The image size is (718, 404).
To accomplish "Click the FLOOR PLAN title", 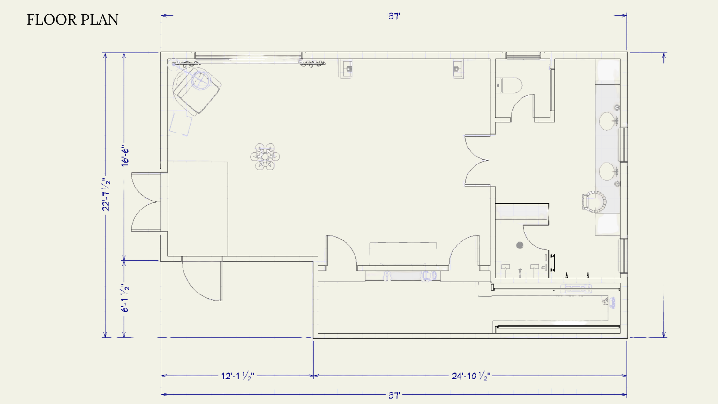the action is [x=72, y=20].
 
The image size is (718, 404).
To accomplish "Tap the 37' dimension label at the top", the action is [x=394, y=16].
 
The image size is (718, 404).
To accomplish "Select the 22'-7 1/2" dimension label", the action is [x=106, y=194].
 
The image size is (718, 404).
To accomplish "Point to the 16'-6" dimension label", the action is [x=125, y=156].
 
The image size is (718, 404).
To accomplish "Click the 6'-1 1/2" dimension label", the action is [x=125, y=298].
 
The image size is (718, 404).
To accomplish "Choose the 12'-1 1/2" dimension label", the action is [x=238, y=376].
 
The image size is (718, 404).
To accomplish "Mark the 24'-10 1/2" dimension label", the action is [x=471, y=376].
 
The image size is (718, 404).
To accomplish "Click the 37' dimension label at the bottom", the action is [x=394, y=395].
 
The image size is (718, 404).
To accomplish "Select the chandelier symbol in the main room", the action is [x=265, y=156].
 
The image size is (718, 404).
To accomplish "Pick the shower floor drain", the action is [x=520, y=245].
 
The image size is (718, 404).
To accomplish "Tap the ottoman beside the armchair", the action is [x=181, y=124].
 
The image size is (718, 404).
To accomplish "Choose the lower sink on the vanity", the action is [x=607, y=172].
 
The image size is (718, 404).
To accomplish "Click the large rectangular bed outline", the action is [x=198, y=209].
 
